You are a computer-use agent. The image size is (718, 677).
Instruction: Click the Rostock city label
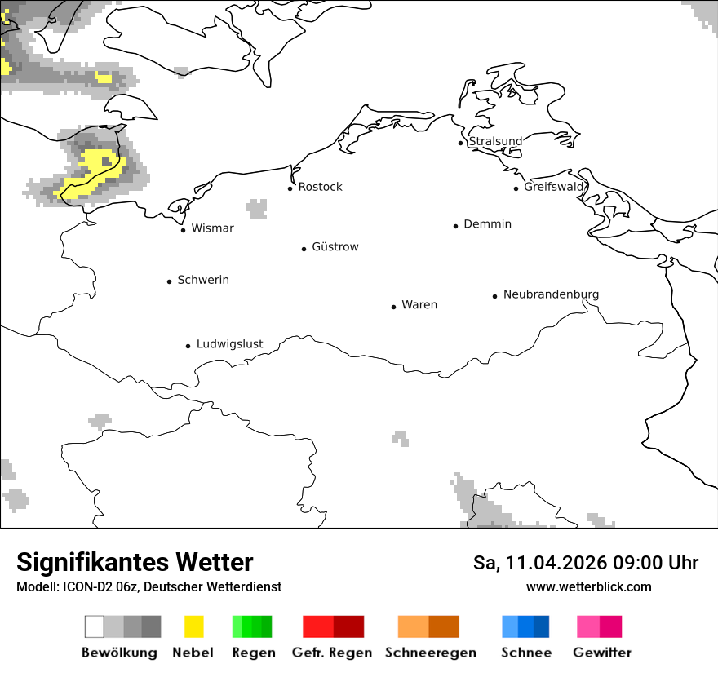(320, 187)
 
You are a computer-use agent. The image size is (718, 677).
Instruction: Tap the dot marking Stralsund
(461, 143)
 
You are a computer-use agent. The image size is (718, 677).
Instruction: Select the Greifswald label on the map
(554, 187)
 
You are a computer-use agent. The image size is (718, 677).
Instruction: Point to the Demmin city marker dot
(456, 226)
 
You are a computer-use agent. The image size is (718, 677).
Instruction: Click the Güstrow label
(335, 246)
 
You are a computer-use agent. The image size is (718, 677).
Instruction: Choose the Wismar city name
(212, 228)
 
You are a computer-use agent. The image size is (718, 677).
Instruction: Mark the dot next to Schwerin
(170, 281)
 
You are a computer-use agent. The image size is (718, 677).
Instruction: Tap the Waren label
(419, 305)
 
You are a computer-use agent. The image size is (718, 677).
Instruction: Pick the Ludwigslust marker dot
(188, 346)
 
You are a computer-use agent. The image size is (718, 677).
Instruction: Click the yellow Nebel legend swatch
(194, 626)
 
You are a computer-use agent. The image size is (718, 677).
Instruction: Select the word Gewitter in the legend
(602, 653)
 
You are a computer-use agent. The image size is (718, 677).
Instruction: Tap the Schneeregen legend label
(430, 653)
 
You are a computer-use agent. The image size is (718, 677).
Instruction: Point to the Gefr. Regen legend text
(331, 653)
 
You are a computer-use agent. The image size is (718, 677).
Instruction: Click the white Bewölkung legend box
(95, 626)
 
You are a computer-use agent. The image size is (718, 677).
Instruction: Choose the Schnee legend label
(526, 653)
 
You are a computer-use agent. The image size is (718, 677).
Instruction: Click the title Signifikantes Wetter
(135, 562)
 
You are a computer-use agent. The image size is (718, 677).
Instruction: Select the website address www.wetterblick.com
(588, 586)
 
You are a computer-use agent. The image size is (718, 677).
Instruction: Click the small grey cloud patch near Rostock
(257, 209)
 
